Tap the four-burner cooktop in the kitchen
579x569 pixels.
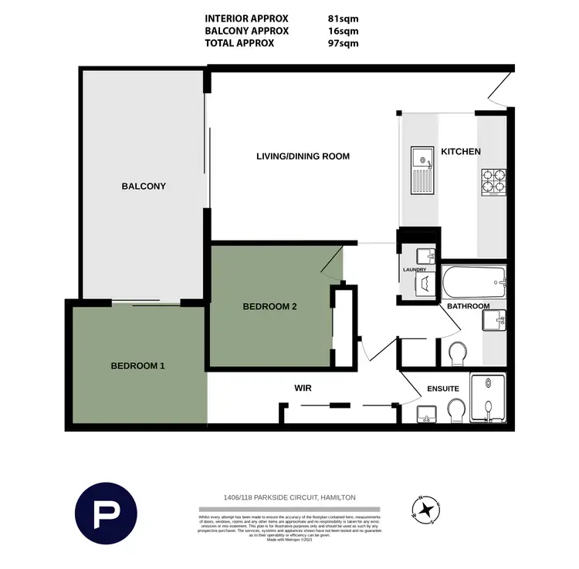pos(493,180)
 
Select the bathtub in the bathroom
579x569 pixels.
pos(474,281)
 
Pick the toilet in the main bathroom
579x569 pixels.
pos(456,353)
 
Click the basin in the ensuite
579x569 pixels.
pos(425,415)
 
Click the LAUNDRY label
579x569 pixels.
pos(415,270)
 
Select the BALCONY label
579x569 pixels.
pos(144,186)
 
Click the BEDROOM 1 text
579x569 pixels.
pos(137,365)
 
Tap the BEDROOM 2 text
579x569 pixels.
pos(270,306)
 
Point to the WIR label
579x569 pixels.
pos(302,388)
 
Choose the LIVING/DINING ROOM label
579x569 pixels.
pos(303,157)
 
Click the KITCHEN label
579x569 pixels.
pos(461,152)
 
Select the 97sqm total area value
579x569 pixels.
pos(343,43)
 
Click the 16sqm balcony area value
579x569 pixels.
pos(343,31)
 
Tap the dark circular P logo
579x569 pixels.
pos(106,514)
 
